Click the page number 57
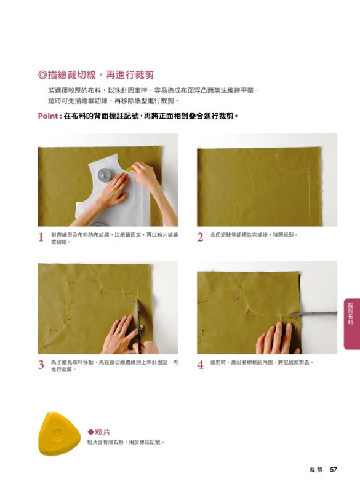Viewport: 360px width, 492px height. (334, 470)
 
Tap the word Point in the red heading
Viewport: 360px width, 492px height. (48, 116)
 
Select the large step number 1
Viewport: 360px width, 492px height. (41, 237)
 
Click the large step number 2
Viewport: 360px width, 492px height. (200, 237)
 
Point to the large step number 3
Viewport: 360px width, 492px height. (41, 365)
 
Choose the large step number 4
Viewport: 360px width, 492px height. (200, 365)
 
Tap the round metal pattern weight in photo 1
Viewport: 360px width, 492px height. (105, 175)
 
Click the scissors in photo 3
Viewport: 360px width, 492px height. (138, 323)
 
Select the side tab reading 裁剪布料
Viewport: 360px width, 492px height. (350, 313)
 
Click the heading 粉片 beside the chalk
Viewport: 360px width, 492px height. (103, 432)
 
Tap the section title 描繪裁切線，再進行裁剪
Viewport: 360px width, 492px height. (100, 75)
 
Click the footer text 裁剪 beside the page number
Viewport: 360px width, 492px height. (316, 470)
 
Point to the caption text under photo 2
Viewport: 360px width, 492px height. (254, 235)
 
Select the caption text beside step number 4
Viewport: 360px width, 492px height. (262, 362)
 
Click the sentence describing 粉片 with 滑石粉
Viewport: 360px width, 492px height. (126, 442)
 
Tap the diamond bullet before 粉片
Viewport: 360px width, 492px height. (90, 432)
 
